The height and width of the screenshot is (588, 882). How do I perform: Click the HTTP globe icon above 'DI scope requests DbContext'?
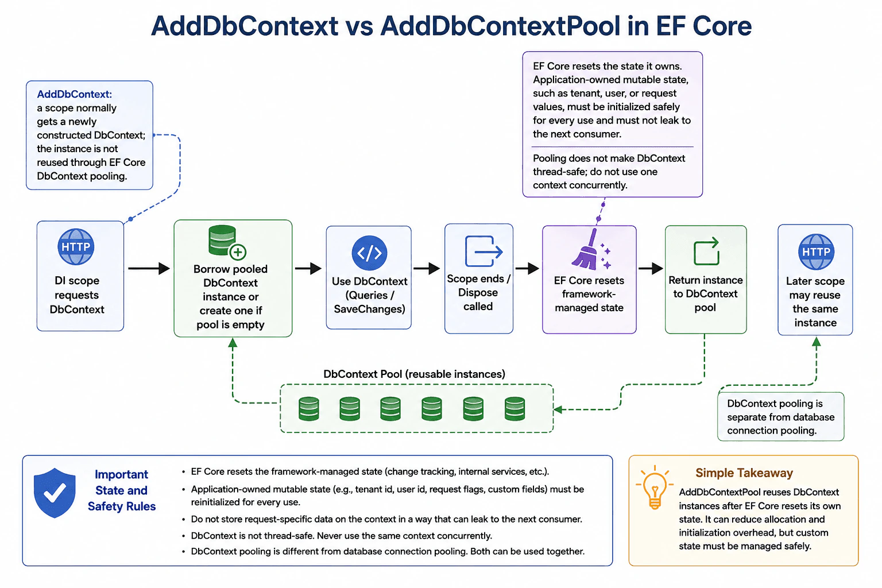[76, 246]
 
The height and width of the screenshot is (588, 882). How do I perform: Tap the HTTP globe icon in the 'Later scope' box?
[816, 252]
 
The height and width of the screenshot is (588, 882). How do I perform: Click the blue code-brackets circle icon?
[369, 253]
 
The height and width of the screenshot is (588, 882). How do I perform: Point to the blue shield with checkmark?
[55, 493]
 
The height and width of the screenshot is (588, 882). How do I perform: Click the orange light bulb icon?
[655, 488]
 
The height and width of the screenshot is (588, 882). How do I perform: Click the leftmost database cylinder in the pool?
[309, 409]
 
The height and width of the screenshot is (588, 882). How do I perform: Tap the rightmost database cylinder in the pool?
[514, 409]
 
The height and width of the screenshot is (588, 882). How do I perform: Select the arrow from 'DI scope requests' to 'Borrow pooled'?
[149, 269]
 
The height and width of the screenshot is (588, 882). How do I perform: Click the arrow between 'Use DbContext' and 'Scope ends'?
[427, 269]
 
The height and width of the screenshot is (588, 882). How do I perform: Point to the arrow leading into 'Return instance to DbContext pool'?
[651, 269]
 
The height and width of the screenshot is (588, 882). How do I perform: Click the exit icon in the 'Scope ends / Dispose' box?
[483, 252]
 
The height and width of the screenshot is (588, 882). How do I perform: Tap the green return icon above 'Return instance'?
[706, 252]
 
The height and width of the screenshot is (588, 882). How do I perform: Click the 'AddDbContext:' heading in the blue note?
[75, 94]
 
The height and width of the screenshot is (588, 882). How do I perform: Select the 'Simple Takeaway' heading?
[744, 473]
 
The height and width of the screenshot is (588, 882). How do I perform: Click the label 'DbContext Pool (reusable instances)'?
[414, 374]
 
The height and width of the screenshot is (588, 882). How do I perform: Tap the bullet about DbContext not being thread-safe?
[342, 536]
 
